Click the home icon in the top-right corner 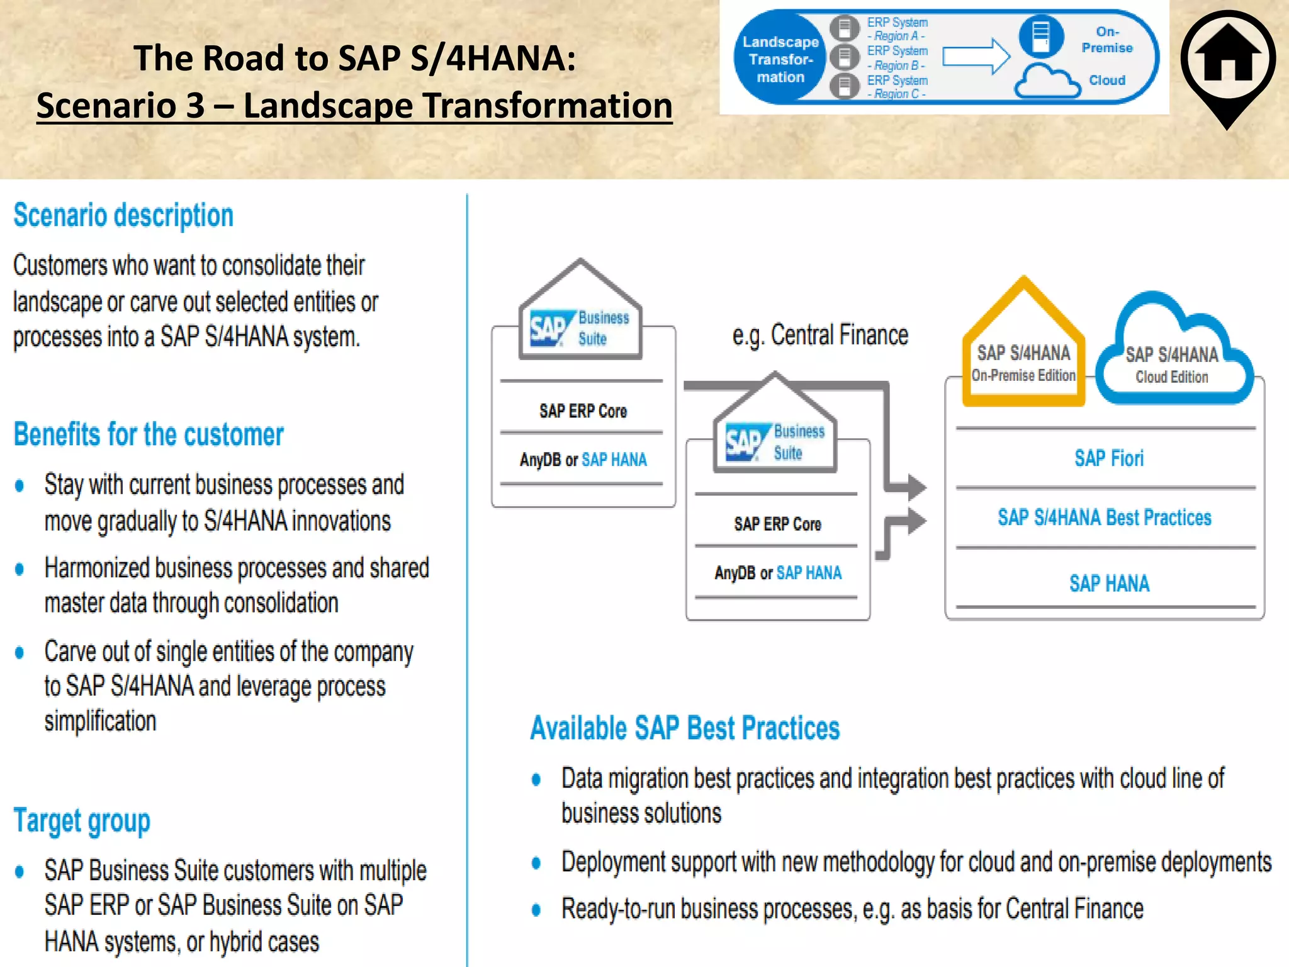1228,59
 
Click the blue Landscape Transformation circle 780,59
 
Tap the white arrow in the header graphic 976,57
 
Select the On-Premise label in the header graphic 1106,40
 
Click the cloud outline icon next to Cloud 1047,82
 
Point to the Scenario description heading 123,215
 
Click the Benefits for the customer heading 149,434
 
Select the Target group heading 82,821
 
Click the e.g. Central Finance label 820,335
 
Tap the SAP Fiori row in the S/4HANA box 1108,458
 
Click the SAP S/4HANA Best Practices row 1105,517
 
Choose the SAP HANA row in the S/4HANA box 1109,584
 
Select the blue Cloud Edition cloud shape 1172,359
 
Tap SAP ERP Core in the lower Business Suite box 777,524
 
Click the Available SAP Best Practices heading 685,728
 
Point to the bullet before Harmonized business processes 20,569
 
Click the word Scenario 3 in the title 121,105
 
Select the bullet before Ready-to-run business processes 536,910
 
